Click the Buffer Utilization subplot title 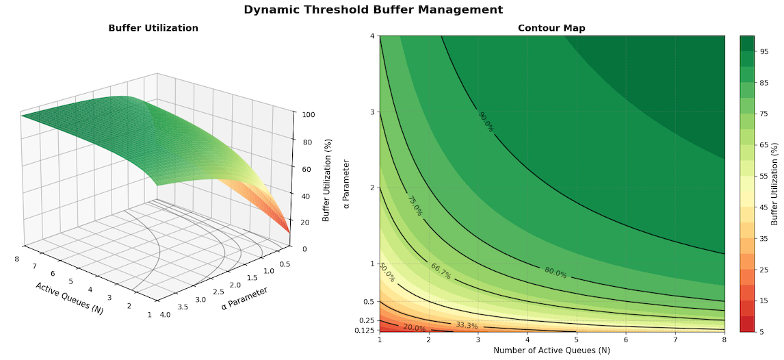153,28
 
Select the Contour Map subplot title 551,28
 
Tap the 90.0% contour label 486,121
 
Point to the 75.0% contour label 415,205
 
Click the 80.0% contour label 556,272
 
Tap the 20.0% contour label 415,328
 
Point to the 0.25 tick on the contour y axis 367,320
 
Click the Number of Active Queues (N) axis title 551,350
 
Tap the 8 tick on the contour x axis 724,339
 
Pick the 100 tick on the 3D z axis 303,115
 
